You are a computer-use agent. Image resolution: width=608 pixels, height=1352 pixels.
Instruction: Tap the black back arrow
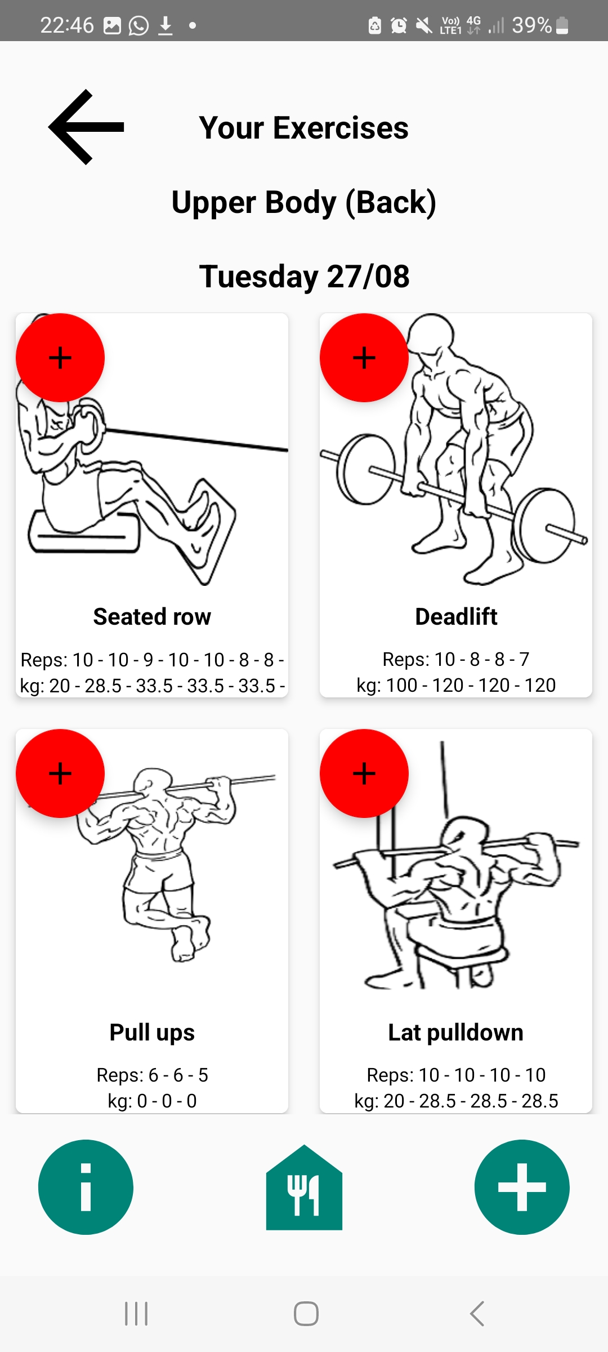86,127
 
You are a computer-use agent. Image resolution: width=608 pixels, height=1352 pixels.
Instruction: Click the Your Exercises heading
304,128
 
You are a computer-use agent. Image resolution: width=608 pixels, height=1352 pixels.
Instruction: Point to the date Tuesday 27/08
304,277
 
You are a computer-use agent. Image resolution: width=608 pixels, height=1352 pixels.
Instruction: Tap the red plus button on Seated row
60,358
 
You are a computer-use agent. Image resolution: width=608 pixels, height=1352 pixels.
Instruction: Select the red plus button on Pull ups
60,773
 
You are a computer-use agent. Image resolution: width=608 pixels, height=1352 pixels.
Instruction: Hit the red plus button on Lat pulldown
364,773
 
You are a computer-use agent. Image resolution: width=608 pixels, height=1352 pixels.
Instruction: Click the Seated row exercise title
152,617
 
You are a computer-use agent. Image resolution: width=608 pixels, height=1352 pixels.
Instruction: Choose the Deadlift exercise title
456,617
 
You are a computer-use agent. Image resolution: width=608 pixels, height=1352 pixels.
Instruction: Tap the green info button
86,1187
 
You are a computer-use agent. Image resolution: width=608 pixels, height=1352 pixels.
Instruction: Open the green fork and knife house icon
304,1187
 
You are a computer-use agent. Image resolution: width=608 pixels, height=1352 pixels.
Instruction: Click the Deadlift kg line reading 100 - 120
456,685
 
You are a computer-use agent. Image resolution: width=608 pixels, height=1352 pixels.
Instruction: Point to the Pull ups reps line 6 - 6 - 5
152,1075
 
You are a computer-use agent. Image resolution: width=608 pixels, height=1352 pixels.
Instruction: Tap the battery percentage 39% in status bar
531,25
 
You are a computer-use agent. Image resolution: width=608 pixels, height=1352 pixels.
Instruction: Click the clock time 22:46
67,25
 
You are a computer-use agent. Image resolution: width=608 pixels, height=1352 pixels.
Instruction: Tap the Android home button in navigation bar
306,1314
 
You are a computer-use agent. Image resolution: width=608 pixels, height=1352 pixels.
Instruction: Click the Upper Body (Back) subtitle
304,203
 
